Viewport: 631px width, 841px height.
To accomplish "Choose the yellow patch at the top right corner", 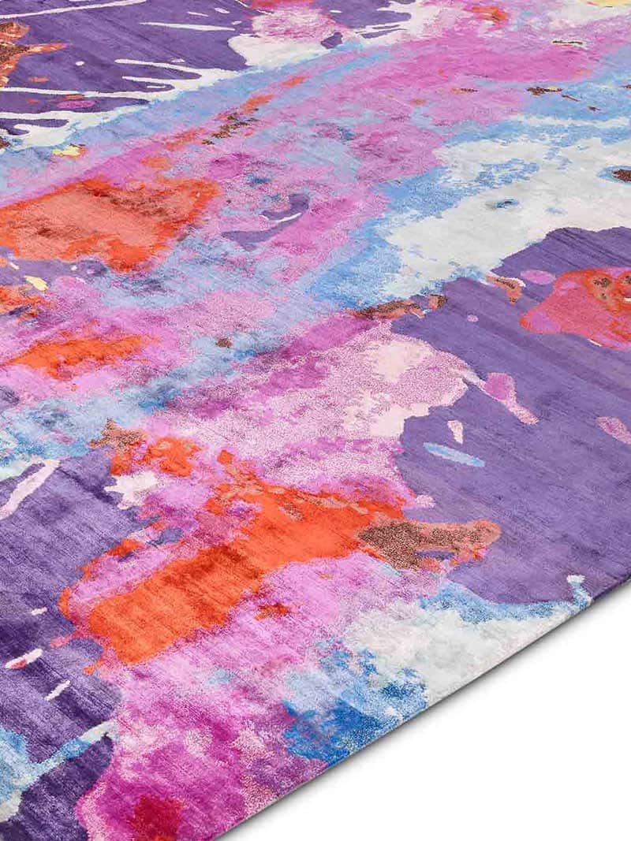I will tap(611, 3).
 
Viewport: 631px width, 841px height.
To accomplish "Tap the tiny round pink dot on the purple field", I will tap(472, 318).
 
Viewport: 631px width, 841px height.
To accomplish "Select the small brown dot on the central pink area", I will tap(225, 343).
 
